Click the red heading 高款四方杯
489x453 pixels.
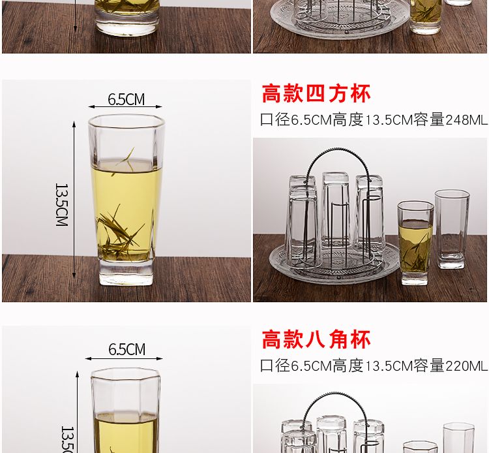tap(316, 93)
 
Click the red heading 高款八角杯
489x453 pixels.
tap(316, 339)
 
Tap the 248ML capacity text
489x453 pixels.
tap(466, 120)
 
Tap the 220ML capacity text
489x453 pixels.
tap(466, 366)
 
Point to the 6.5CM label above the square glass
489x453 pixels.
tap(126, 99)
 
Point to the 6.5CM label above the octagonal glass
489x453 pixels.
tap(126, 349)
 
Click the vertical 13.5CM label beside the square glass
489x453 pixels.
tap(61, 204)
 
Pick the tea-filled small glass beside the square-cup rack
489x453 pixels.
tap(415, 243)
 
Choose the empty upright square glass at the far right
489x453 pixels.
tap(452, 230)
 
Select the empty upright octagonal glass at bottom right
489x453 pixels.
tap(458, 438)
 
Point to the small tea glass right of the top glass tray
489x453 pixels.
tap(426, 16)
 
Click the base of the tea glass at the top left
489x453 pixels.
tap(126, 25)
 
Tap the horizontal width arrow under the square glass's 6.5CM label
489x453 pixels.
tap(125, 107)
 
